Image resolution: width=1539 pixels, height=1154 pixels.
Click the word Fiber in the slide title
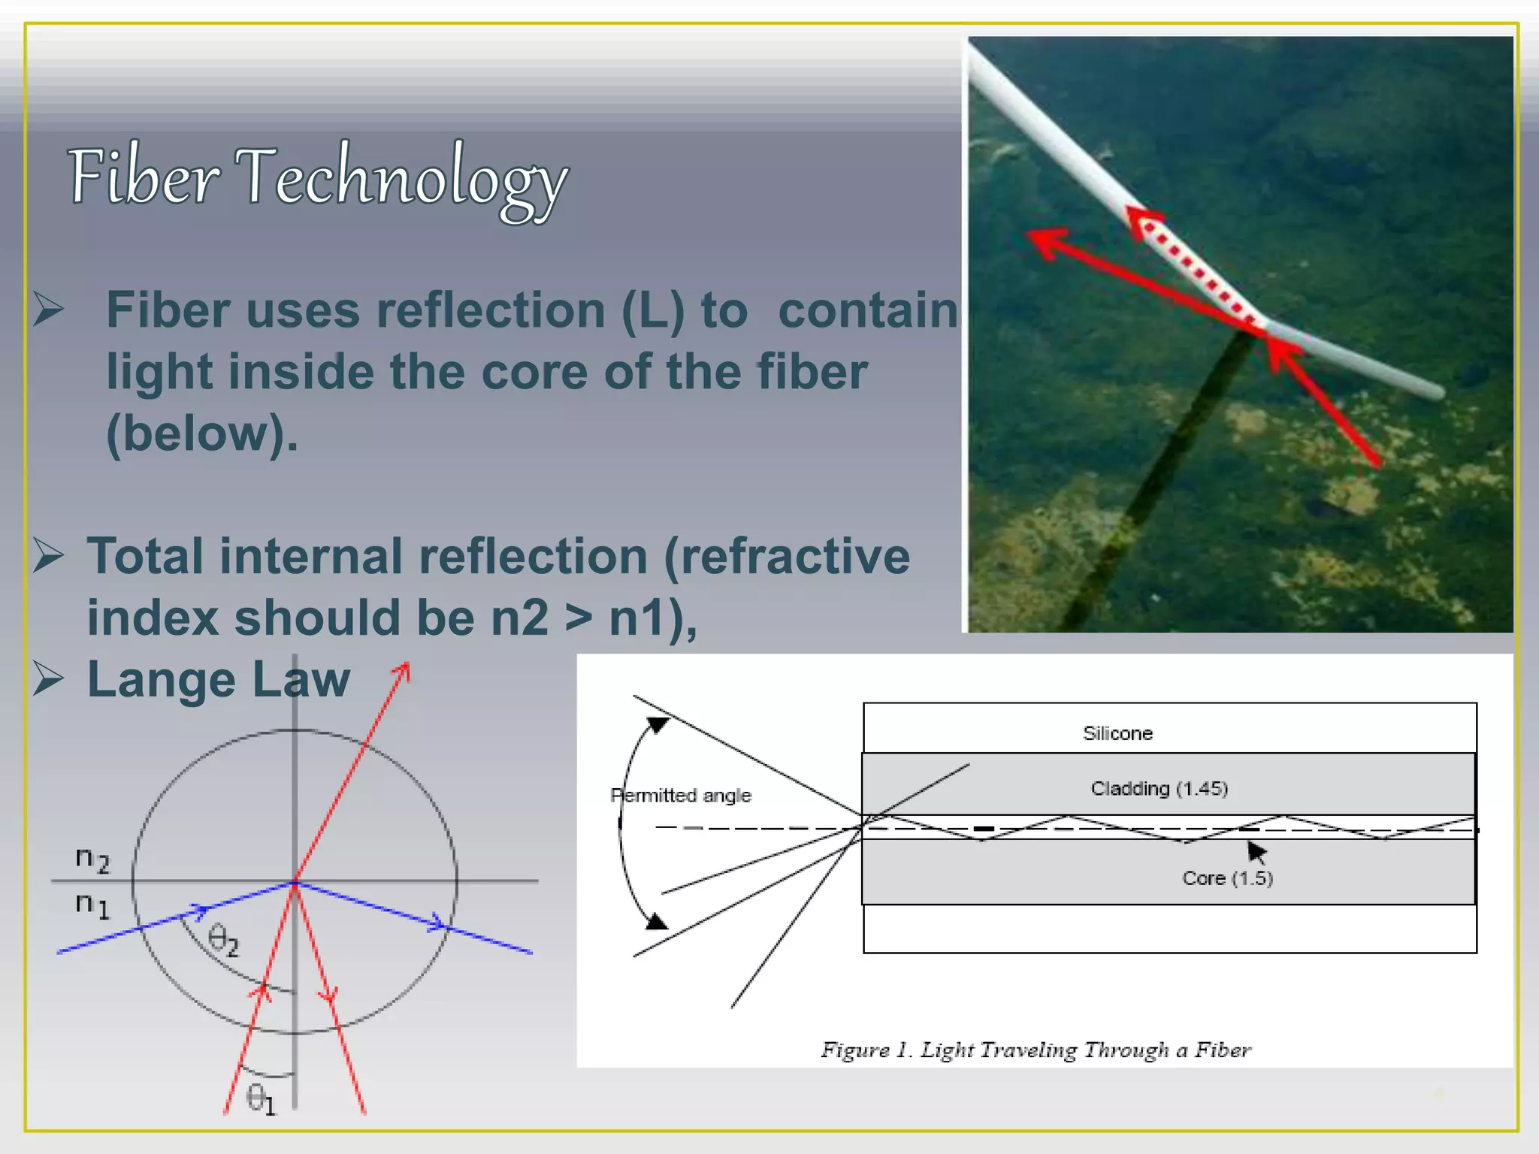tap(143, 177)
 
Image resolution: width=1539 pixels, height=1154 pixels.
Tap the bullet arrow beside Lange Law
tap(49, 679)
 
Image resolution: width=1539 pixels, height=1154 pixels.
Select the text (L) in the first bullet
tap(652, 310)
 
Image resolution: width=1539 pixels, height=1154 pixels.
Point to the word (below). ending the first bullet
tap(201, 434)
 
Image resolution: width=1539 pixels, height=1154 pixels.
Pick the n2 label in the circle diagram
tap(92, 859)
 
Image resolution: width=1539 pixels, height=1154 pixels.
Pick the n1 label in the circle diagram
tap(92, 905)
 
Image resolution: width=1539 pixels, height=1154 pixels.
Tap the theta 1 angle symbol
tap(261, 1100)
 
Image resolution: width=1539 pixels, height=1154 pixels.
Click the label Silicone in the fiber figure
tap(1117, 733)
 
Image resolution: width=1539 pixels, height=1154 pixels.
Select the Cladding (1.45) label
tap(1159, 789)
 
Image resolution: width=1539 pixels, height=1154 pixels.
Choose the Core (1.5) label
tap(1227, 878)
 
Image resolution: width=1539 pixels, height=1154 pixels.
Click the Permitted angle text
tap(681, 796)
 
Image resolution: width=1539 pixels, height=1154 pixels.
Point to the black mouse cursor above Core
tap(1256, 852)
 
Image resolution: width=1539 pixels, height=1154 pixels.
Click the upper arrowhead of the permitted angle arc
tap(657, 724)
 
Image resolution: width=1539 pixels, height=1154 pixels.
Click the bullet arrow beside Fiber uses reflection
tap(49, 310)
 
